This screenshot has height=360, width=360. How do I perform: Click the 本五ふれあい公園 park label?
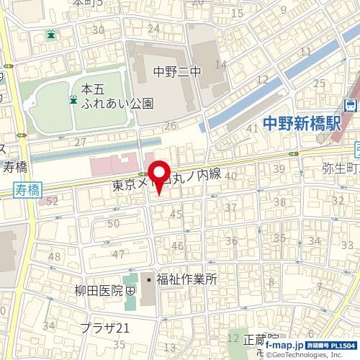click(117, 96)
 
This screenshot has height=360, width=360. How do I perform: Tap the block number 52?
click(53, 202)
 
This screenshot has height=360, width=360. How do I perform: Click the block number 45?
click(175, 214)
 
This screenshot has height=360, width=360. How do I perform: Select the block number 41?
click(252, 128)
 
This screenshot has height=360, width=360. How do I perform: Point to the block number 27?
click(80, 142)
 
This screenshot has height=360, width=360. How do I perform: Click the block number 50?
click(112, 224)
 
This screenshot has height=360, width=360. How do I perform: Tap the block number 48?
click(55, 257)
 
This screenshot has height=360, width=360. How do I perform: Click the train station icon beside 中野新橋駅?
click(351, 104)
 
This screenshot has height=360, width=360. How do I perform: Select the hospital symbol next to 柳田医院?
click(130, 292)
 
